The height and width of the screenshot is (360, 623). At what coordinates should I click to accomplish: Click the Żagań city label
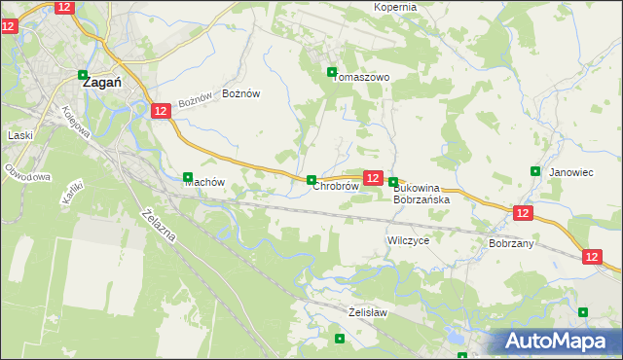101,84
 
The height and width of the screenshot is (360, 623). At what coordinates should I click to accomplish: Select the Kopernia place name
395,7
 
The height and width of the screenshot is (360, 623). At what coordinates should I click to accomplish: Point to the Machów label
204,182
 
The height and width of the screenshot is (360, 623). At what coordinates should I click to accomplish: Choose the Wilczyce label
408,239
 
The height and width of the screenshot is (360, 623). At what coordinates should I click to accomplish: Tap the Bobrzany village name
511,243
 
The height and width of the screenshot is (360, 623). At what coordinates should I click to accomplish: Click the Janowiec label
571,172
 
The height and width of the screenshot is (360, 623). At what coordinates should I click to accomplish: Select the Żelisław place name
368,312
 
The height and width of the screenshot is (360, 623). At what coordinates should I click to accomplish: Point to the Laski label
20,136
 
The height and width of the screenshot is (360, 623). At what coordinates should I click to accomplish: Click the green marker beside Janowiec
535,171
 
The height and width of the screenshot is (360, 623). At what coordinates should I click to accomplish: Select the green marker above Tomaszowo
332,72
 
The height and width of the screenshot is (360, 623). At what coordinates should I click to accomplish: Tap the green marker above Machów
188,176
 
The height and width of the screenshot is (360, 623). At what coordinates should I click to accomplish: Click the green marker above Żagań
83,72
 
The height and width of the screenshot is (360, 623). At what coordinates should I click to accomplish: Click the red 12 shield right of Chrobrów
372,177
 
